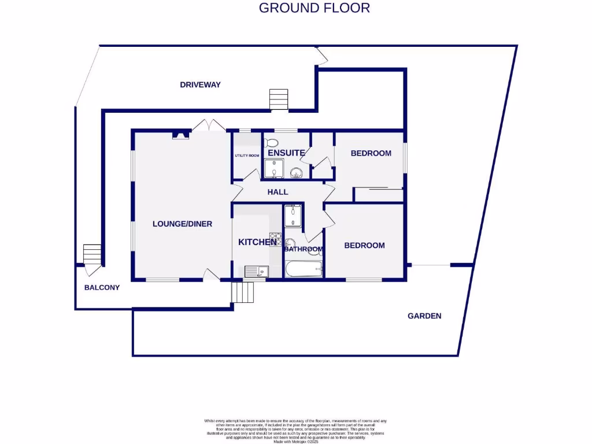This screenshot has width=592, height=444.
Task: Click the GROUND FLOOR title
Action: pyautogui.click(x=314, y=8)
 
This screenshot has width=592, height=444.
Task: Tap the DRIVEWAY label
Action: pyautogui.click(x=200, y=84)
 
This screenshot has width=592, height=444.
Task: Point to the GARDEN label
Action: pyautogui.click(x=424, y=316)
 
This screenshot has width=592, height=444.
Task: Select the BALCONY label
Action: pyautogui.click(x=102, y=287)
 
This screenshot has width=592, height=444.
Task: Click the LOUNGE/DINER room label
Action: pyautogui.click(x=182, y=224)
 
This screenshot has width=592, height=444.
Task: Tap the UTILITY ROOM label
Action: pyautogui.click(x=247, y=156)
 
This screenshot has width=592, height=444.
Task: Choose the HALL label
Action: pyautogui.click(x=277, y=192)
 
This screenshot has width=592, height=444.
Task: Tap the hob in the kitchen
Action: pyautogui.click(x=275, y=239)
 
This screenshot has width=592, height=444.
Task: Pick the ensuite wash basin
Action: pyautogui.click(x=297, y=172)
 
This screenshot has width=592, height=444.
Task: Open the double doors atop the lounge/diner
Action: pyautogui.click(x=208, y=125)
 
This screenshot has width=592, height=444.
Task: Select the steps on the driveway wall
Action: pyautogui.click(x=279, y=99)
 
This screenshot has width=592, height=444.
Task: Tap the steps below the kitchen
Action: pyautogui.click(x=243, y=293)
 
